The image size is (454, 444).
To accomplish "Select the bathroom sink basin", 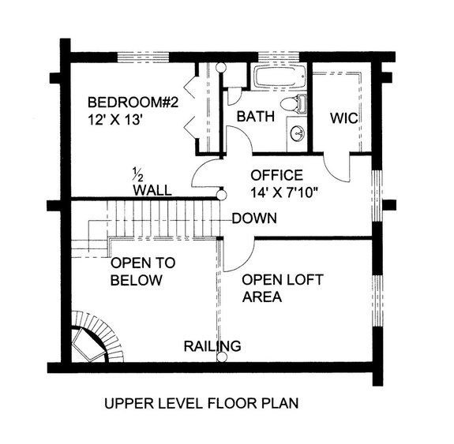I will [x=298, y=132].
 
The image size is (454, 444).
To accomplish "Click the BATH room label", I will [x=255, y=117].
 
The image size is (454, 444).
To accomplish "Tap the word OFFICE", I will [x=276, y=174].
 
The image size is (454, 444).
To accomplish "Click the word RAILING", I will [x=212, y=345].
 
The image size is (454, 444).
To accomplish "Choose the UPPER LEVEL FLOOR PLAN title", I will [x=201, y=405].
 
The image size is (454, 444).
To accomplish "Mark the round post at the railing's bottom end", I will [x=221, y=358].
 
